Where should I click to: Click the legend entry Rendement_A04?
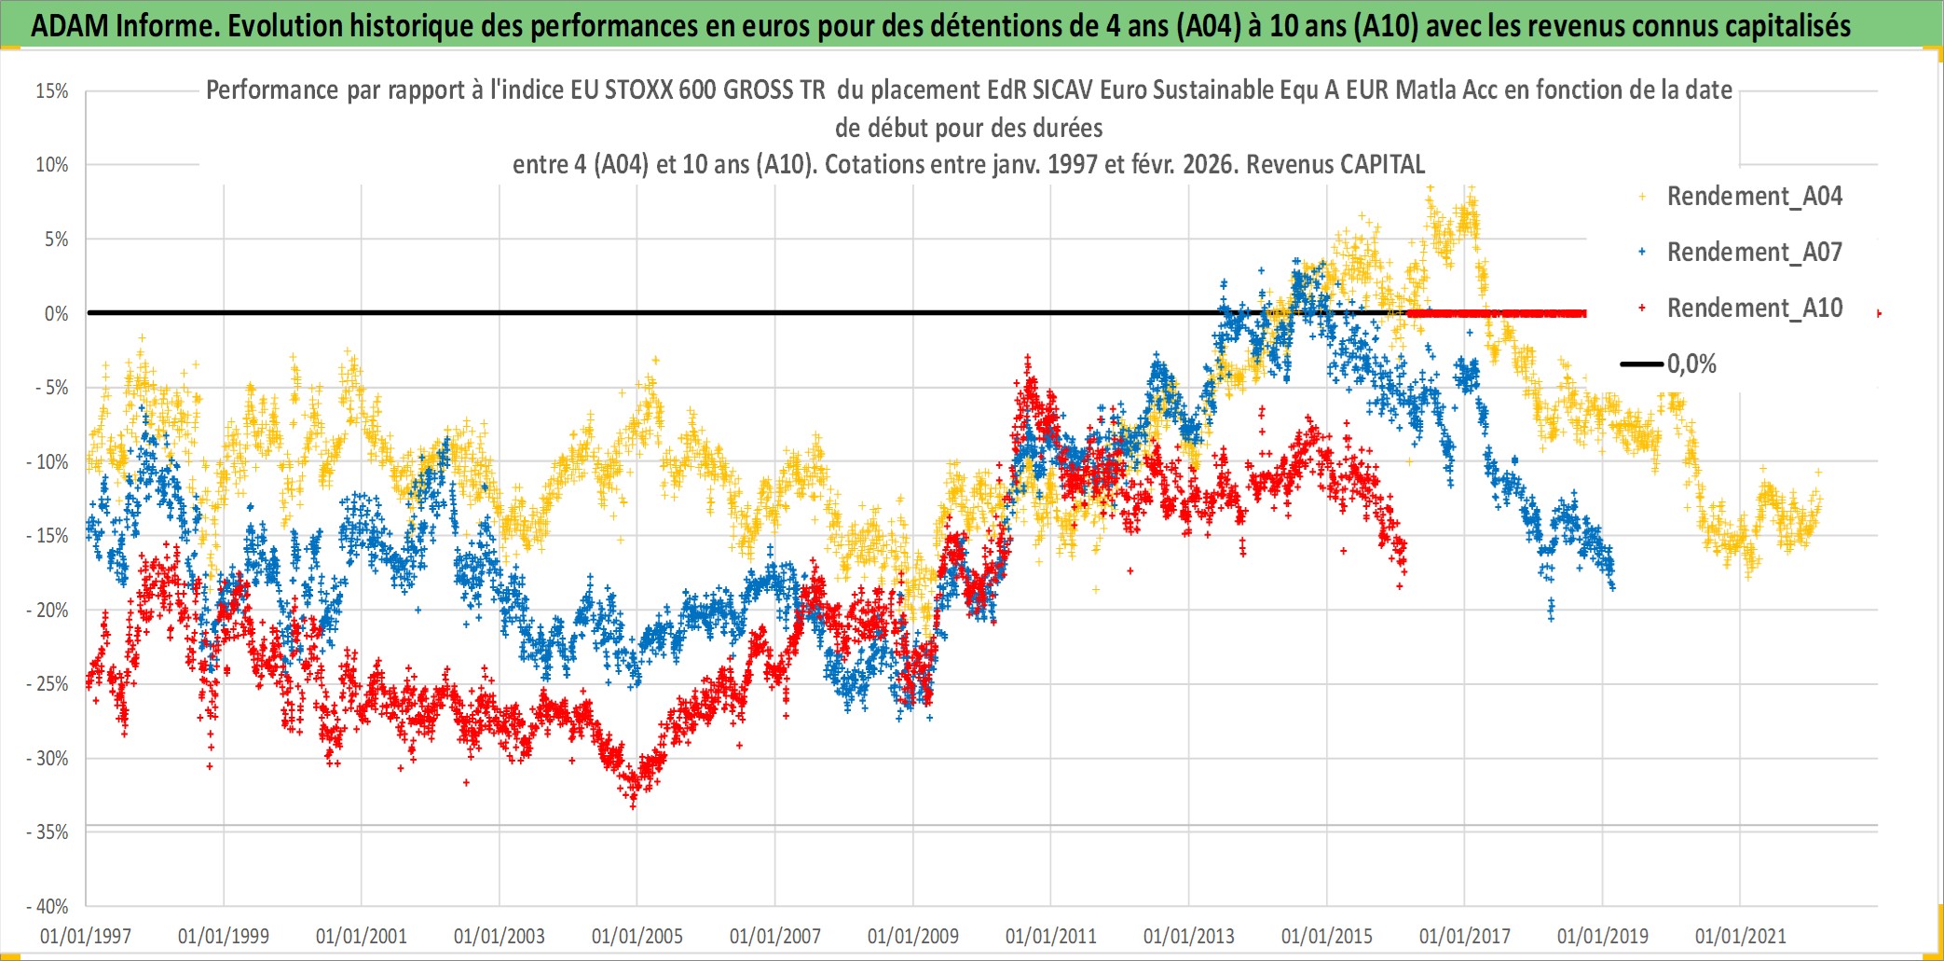[x=1754, y=197]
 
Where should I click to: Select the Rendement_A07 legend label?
[x=1754, y=253]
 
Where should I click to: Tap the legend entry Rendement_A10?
[x=1754, y=309]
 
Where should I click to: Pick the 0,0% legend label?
[x=1691, y=364]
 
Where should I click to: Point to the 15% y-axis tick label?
[x=52, y=91]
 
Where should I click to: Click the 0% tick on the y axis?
[x=56, y=314]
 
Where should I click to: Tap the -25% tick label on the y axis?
[x=48, y=684]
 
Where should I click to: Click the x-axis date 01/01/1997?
[x=86, y=936]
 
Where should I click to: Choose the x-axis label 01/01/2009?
[x=913, y=936]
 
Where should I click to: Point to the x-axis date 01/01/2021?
[x=1741, y=936]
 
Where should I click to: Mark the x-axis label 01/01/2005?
[x=637, y=936]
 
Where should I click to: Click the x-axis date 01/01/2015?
[x=1327, y=936]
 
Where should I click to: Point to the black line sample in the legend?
[x=1641, y=364]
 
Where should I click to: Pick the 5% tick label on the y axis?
[x=56, y=240]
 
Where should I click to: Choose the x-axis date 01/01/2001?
[x=362, y=936]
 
